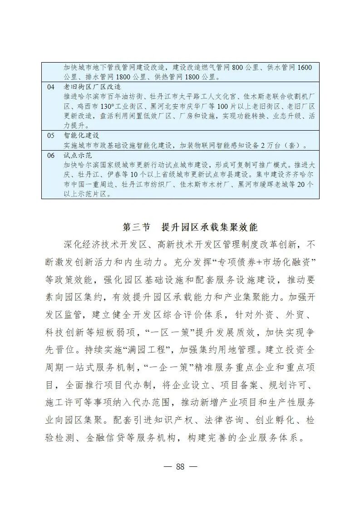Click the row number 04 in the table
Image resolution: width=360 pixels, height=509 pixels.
pyautogui.click(x=51, y=87)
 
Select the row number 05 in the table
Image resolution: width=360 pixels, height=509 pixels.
pyautogui.click(x=51, y=136)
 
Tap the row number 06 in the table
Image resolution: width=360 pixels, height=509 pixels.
pyautogui.click(x=51, y=155)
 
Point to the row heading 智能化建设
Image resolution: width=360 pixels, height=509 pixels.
pyautogui.click(x=81, y=136)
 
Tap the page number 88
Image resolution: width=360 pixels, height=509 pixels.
pyautogui.click(x=180, y=467)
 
